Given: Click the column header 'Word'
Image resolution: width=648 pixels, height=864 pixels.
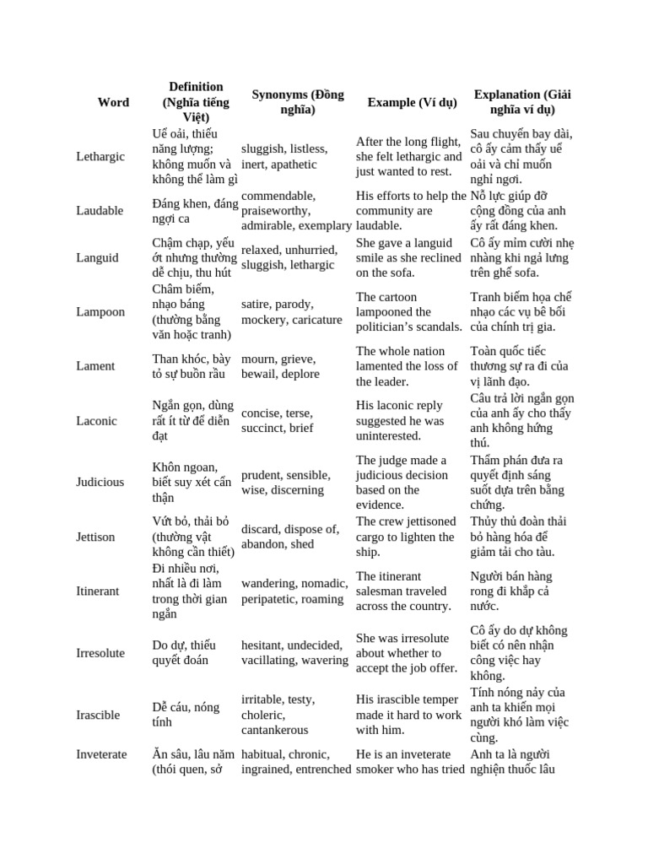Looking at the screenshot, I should click(113, 102).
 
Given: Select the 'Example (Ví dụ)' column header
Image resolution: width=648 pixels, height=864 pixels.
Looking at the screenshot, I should click(412, 102).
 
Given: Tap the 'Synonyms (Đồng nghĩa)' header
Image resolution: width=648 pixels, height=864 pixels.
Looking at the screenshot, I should click(298, 102).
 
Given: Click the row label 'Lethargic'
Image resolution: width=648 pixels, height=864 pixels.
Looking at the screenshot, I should click(100, 157).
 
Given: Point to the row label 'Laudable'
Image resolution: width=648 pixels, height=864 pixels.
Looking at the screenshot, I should click(100, 211).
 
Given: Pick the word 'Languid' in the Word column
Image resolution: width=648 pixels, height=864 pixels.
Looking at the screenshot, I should click(98, 257).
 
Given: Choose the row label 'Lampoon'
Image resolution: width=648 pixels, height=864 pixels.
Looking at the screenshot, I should click(100, 312).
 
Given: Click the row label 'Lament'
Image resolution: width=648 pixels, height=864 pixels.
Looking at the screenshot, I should click(95, 366).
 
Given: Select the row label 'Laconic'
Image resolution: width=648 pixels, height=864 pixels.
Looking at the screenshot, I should click(97, 420).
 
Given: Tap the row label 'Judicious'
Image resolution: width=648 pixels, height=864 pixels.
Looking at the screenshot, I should click(100, 482).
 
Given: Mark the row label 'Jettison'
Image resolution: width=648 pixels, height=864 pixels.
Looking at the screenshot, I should click(95, 537).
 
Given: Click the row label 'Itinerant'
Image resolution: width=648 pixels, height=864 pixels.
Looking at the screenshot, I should click(98, 591).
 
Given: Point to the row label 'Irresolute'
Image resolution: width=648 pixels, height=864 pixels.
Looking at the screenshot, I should click(100, 653).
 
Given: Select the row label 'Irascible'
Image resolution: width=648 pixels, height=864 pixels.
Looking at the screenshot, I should click(98, 715).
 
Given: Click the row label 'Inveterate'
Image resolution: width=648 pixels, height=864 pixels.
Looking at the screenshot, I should click(101, 754).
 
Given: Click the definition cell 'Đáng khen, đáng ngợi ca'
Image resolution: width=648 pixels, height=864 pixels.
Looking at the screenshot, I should click(195, 211).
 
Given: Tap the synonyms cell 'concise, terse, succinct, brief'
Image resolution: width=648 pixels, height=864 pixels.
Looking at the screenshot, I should click(277, 420).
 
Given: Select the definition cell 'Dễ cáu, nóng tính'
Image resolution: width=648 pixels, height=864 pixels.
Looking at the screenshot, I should click(185, 715).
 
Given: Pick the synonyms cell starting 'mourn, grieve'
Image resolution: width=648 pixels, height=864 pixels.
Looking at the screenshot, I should click(280, 366).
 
